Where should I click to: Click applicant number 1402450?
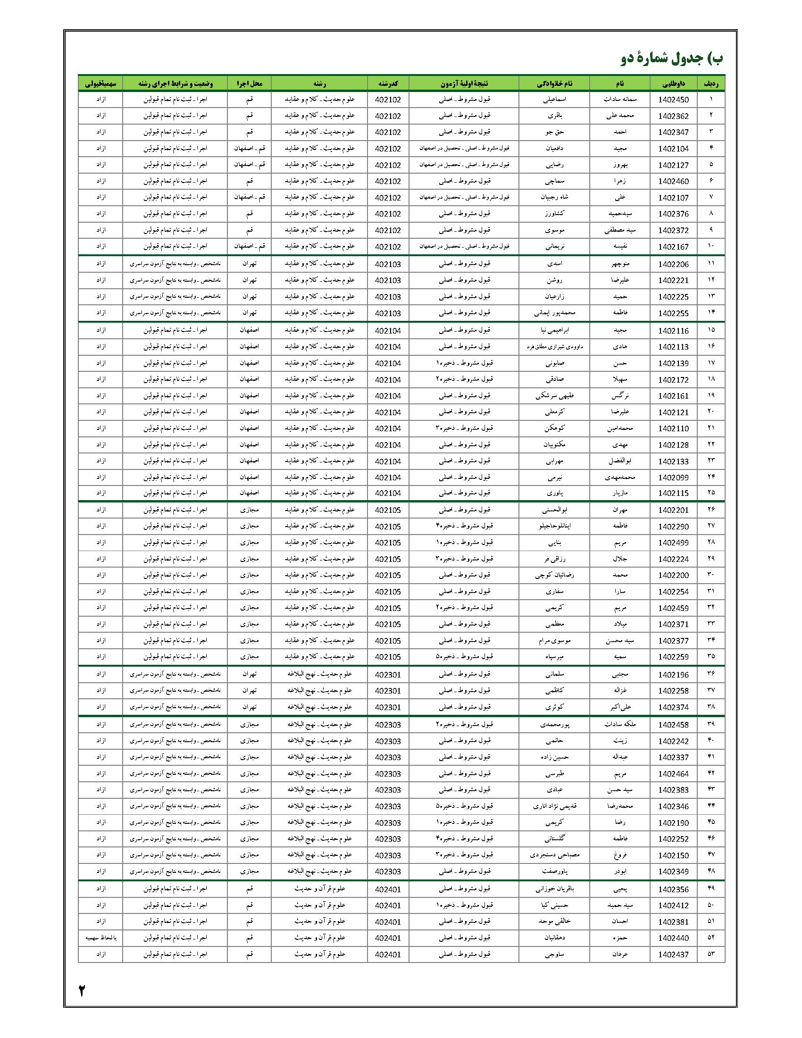pyautogui.click(x=673, y=100)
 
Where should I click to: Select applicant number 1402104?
pyautogui.click(x=673, y=149)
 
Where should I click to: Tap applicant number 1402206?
pyautogui.click(x=673, y=264)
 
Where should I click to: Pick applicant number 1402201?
pyautogui.click(x=673, y=511)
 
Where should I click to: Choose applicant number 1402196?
pyautogui.click(x=673, y=675)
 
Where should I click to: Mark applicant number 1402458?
pyautogui.click(x=673, y=725)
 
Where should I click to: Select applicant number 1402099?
pyautogui.click(x=673, y=477)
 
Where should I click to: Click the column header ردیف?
pyautogui.click(x=711, y=83)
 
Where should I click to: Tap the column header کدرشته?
pyautogui.click(x=388, y=83)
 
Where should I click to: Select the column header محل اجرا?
pyautogui.click(x=249, y=83)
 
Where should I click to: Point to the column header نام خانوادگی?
pyautogui.click(x=554, y=83)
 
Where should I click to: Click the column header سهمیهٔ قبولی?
pyautogui.click(x=100, y=83)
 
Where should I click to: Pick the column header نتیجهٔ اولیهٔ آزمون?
pyautogui.click(x=463, y=83)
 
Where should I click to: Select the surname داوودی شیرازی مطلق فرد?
pyautogui.click(x=554, y=346)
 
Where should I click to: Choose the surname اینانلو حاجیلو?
pyautogui.click(x=554, y=526)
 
